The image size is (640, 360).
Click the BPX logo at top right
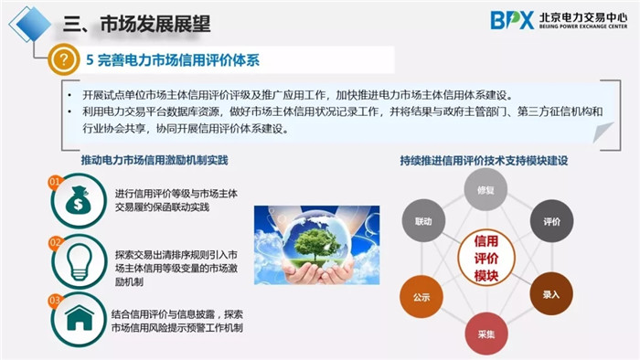(512, 20)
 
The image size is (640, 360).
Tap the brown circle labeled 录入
(550, 294)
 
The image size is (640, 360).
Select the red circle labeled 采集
(485, 333)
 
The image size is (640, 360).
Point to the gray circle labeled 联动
(422, 221)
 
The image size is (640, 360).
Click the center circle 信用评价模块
(485, 259)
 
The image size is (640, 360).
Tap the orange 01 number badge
(55, 182)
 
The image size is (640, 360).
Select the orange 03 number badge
(55, 299)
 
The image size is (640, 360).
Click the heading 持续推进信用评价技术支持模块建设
(484, 161)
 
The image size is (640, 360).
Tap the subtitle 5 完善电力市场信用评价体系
(173, 60)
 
